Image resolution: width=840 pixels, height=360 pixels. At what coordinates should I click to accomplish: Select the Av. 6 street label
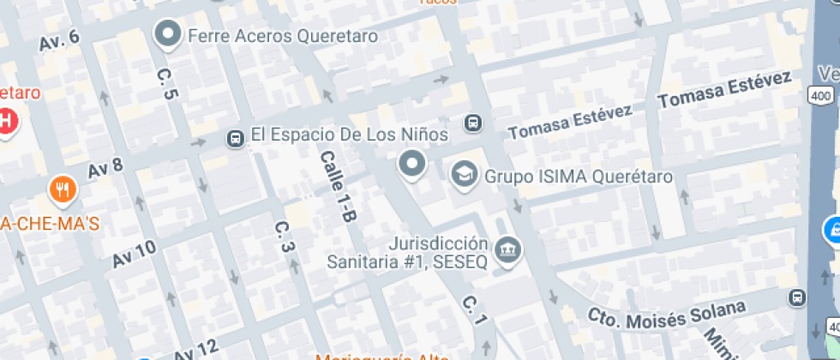59,40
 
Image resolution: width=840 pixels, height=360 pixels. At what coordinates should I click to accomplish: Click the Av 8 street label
105,167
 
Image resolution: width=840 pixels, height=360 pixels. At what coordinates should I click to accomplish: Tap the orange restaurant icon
61,189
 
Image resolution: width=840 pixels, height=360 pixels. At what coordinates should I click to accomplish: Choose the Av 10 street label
135,254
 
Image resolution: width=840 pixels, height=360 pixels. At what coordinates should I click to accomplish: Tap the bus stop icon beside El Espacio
234,138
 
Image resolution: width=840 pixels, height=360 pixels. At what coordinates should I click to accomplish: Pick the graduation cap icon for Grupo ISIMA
465,175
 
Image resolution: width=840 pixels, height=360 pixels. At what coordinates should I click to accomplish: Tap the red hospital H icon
5,122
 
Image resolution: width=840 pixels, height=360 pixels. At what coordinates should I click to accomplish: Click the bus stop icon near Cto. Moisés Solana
797,297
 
